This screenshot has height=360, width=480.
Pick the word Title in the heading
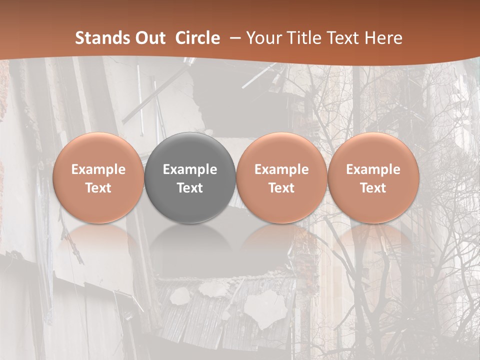(305, 38)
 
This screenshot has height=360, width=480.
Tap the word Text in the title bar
(345, 38)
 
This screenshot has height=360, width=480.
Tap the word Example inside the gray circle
(190, 169)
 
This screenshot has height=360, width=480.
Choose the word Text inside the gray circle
(190, 188)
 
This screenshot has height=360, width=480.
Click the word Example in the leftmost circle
(98, 169)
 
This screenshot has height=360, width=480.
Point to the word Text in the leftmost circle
(98, 188)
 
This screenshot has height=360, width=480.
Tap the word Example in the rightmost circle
(373, 169)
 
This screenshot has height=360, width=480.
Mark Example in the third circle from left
(281, 169)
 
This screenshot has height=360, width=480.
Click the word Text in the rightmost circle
(373, 188)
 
